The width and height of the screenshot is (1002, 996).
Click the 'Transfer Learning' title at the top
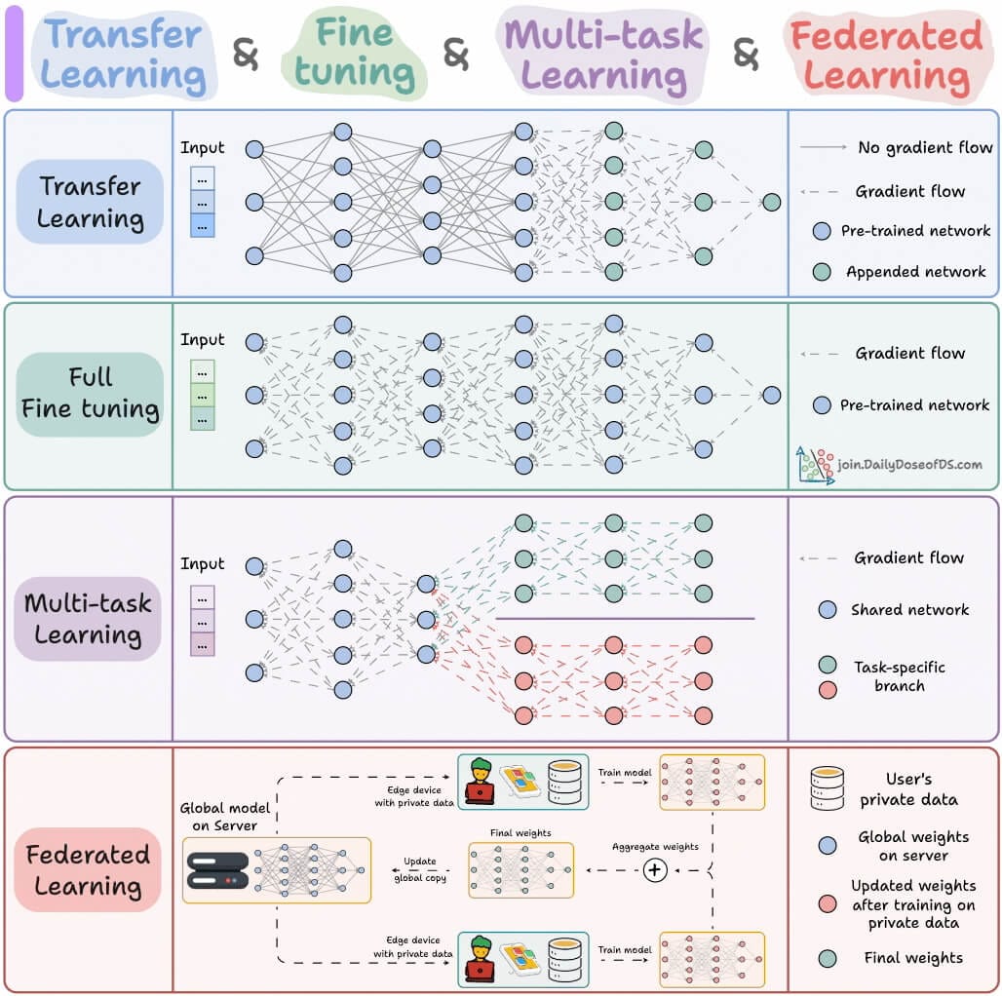pyautogui.click(x=124, y=55)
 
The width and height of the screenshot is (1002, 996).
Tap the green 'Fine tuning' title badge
pyautogui.click(x=354, y=55)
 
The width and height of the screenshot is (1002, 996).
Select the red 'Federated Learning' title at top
pyautogui.click(x=887, y=55)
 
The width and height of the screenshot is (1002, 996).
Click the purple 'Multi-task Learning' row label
pyautogui.click(x=89, y=619)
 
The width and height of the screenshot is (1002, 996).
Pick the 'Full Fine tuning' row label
pyautogui.click(x=90, y=393)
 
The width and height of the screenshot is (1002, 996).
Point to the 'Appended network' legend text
pyautogui.click(x=915, y=272)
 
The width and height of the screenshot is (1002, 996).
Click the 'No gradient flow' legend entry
pyautogui.click(x=924, y=148)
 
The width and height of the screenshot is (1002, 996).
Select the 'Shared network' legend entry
pyautogui.click(x=909, y=610)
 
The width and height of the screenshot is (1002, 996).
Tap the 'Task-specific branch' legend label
pyautogui.click(x=899, y=676)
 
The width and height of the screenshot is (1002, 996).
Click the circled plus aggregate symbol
pyautogui.click(x=656, y=870)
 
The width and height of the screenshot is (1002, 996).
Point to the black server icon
pyautogui.click(x=216, y=869)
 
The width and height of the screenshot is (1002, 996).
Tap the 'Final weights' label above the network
pyautogui.click(x=520, y=833)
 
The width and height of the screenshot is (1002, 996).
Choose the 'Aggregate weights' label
pyautogui.click(x=655, y=847)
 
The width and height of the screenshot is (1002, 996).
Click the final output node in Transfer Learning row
pyautogui.click(x=771, y=203)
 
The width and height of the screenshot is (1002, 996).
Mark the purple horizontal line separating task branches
pyautogui.click(x=625, y=618)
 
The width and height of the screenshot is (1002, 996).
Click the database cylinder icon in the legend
pyautogui.click(x=827, y=788)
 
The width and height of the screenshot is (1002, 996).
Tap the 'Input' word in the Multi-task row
pyautogui.click(x=202, y=564)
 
